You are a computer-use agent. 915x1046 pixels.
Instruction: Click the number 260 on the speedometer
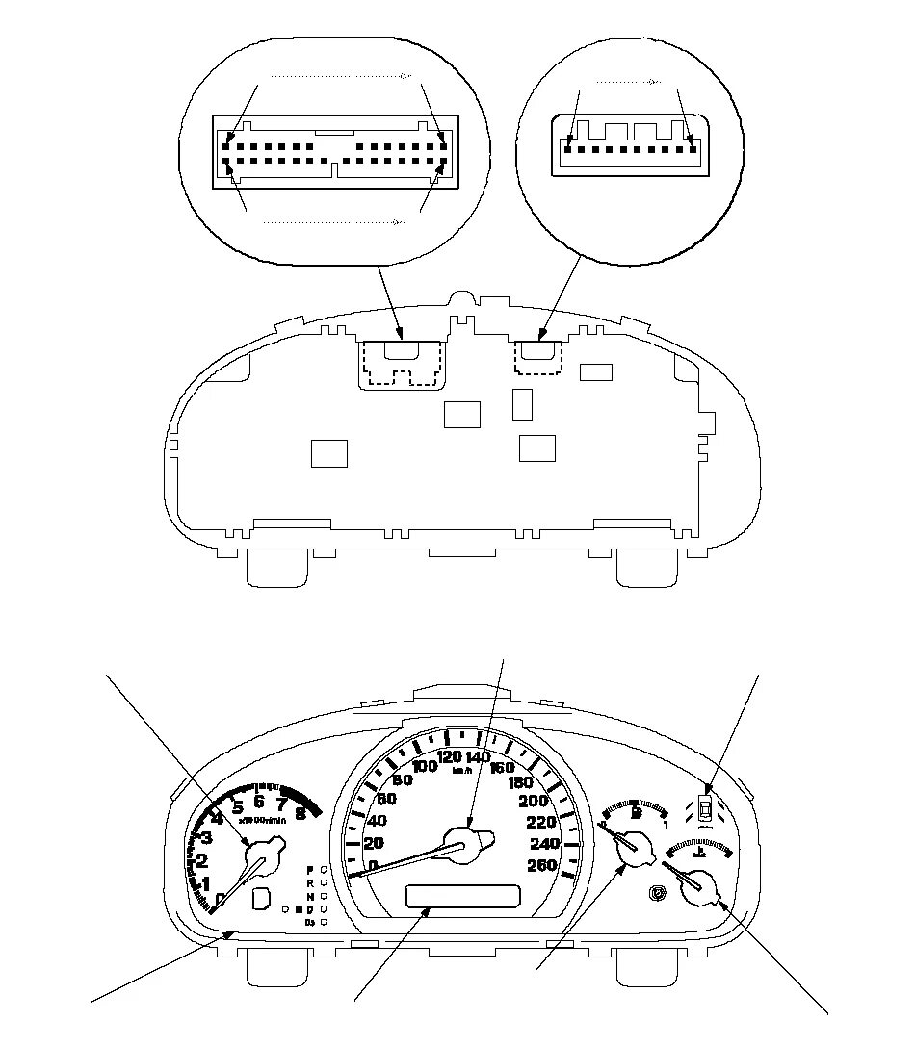pos(543,865)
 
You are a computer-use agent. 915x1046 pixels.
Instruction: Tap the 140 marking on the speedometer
pos(478,757)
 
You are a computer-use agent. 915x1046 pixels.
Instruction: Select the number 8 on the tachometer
pos(301,813)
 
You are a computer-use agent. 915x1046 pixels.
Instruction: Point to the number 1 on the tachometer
pos(205,883)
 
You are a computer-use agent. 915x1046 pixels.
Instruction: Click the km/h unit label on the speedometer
pos(463,770)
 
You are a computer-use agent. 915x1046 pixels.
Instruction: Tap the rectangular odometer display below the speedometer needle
pos(462,897)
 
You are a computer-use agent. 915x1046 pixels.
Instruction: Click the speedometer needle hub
pos(465,845)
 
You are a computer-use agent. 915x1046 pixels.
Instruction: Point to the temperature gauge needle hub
pos(700,885)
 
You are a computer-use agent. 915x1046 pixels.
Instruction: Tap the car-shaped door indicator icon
pos(707,809)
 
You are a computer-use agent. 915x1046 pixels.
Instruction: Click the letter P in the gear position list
pos(310,869)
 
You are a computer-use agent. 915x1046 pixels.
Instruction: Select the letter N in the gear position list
pos(310,895)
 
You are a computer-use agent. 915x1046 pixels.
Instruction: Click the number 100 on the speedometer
pos(425,766)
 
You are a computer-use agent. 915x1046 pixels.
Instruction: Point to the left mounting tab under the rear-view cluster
pos(276,567)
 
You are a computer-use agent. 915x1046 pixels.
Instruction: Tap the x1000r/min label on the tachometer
pos(262,820)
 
